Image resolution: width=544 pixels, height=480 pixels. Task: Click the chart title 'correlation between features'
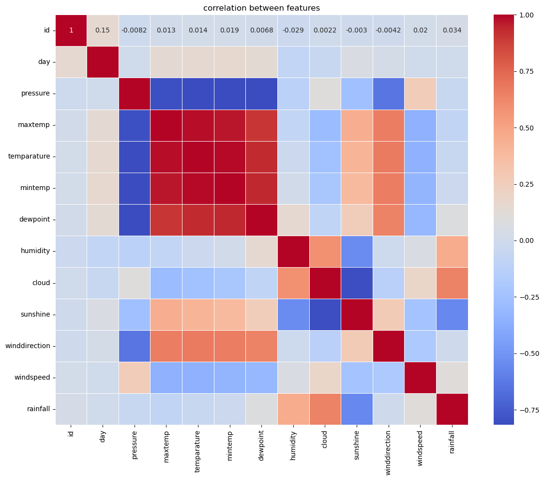[x=261, y=8]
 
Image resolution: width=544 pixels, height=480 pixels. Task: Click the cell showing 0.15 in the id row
[x=103, y=30]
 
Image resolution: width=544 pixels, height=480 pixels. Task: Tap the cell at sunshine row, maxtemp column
[x=166, y=314]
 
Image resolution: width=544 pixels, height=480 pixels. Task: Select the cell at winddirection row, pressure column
[x=135, y=346]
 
